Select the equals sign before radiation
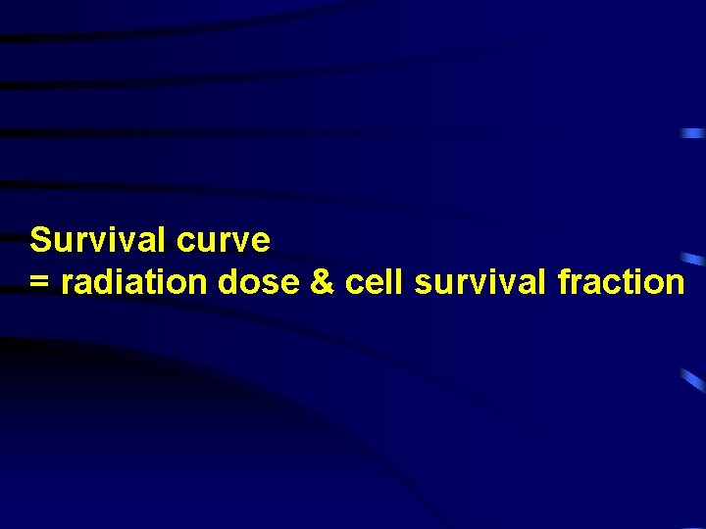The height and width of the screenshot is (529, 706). click(39, 283)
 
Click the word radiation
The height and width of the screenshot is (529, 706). click(135, 282)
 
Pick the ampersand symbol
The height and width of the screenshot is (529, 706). click(322, 282)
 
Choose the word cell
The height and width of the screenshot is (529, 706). click(374, 282)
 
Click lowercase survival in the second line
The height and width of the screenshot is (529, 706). click(480, 282)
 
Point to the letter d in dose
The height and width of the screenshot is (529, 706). click(228, 282)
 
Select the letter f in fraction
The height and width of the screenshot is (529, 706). click(563, 281)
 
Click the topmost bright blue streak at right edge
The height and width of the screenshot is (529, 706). click(692, 132)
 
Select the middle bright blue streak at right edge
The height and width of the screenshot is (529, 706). click(693, 259)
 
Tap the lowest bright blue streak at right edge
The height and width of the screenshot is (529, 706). click(693, 379)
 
